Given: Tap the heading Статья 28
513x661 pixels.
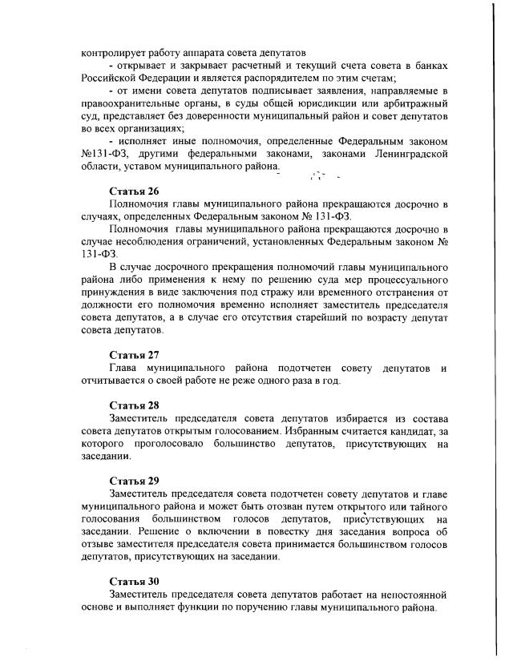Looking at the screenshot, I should pyautogui.click(x=134, y=405).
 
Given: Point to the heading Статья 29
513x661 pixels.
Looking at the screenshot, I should pyautogui.click(x=134, y=481).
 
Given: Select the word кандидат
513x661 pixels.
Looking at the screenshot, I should pyautogui.click(x=406, y=431).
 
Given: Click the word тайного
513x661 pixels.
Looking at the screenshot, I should pyautogui.click(x=422, y=507).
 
